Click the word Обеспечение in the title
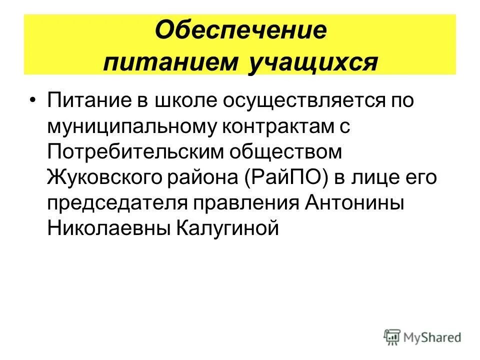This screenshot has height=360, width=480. click(x=240, y=31)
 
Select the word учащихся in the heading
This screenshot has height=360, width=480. click(x=313, y=62)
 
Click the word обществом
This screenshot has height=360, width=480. click(x=293, y=152)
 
